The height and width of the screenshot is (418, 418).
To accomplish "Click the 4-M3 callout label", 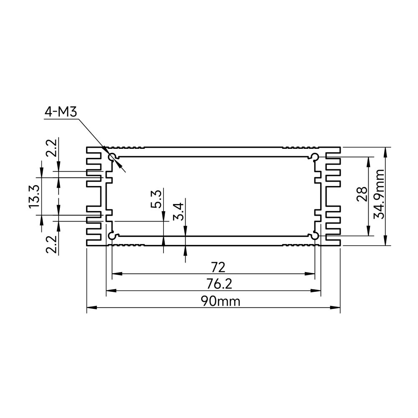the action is [x=61, y=112].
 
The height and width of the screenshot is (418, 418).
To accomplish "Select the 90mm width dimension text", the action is [x=220, y=301].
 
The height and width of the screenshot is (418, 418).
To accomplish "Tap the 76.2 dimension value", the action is [x=219, y=284].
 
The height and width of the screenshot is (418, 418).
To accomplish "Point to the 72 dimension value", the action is [x=218, y=268].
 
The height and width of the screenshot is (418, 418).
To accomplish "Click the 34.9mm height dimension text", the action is [x=379, y=194].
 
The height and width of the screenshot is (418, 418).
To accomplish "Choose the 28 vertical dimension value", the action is [x=362, y=194].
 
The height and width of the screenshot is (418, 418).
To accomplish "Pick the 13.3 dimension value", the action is [x=34, y=196].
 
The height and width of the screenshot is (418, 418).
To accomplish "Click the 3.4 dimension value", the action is [x=178, y=212].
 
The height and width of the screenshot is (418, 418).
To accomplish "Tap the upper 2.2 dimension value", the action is [x=51, y=148].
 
